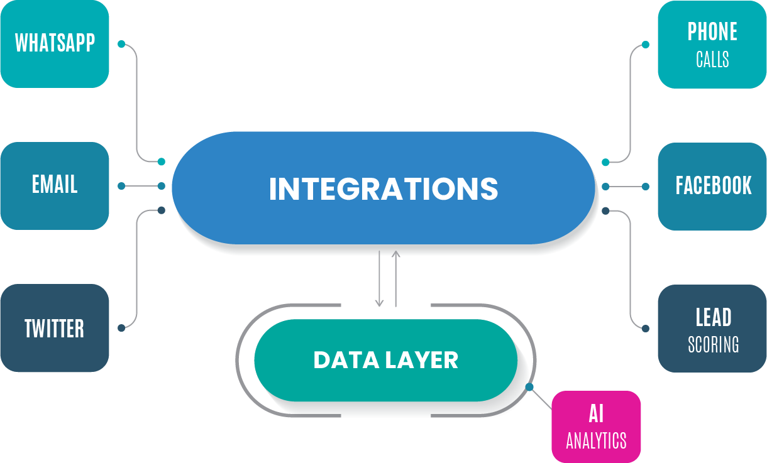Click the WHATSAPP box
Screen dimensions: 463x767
[x=55, y=43]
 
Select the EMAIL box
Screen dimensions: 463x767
[x=55, y=185]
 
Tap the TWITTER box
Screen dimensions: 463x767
[x=55, y=328]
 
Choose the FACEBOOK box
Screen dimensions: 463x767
[x=712, y=186]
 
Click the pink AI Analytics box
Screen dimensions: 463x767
[x=596, y=427]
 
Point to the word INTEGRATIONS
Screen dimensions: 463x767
[x=383, y=188]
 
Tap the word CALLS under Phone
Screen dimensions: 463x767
[x=712, y=60]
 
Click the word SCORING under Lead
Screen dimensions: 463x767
[x=713, y=345]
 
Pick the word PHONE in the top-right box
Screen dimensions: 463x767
[x=712, y=32]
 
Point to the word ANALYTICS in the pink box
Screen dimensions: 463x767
[x=596, y=440]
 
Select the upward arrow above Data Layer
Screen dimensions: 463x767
[x=395, y=278]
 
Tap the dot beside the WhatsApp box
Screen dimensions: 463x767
[x=121, y=44]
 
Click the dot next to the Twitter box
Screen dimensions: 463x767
[x=121, y=327]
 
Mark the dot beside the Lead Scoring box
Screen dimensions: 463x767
[x=646, y=327]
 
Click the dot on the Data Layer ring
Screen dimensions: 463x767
[x=529, y=386]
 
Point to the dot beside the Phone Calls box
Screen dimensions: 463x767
[x=646, y=45]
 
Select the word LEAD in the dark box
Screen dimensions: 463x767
[x=713, y=318]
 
